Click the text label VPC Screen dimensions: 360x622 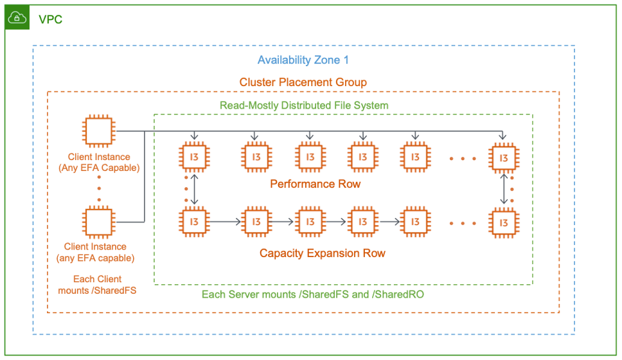click(50, 19)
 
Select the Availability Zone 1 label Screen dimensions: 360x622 click(303, 60)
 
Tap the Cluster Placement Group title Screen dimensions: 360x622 click(303, 82)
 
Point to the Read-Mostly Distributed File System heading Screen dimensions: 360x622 click(304, 105)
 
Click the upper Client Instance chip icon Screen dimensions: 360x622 click(99, 132)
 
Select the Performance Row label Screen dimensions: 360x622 click(315, 184)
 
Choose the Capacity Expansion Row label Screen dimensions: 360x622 click(323, 253)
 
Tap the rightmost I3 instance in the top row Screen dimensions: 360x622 click(503, 157)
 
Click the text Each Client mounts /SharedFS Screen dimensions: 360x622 click(97, 285)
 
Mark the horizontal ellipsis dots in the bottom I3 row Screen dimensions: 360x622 click(463, 223)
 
